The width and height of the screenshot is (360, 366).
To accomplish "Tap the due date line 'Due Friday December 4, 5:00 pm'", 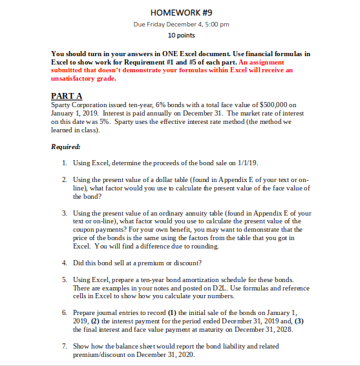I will pyautogui.click(x=180, y=25).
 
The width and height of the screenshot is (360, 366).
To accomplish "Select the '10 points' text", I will pyautogui.click(x=180, y=36).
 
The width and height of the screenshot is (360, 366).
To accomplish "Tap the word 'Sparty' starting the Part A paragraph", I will pyautogui.click(x=61, y=104).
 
